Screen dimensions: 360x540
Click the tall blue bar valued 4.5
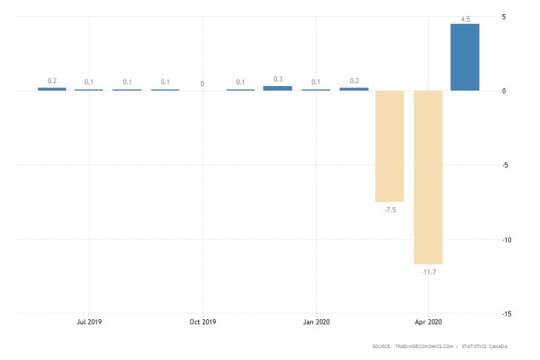465,57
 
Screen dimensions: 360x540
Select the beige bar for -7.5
389,146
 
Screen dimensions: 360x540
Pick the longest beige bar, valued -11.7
428,177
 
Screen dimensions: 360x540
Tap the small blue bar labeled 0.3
277,88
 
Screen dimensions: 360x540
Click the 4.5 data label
465,19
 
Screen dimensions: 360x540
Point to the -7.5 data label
389,210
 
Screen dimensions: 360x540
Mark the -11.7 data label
428,272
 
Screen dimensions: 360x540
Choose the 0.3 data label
277,79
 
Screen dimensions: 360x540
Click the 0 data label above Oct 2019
202,84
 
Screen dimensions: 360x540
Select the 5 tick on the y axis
504,16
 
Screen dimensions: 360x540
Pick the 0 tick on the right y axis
504,91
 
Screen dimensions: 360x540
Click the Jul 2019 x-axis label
89,322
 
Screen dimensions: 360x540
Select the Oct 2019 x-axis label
202,322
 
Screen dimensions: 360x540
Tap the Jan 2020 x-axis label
316,322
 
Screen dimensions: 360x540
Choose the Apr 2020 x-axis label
428,322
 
